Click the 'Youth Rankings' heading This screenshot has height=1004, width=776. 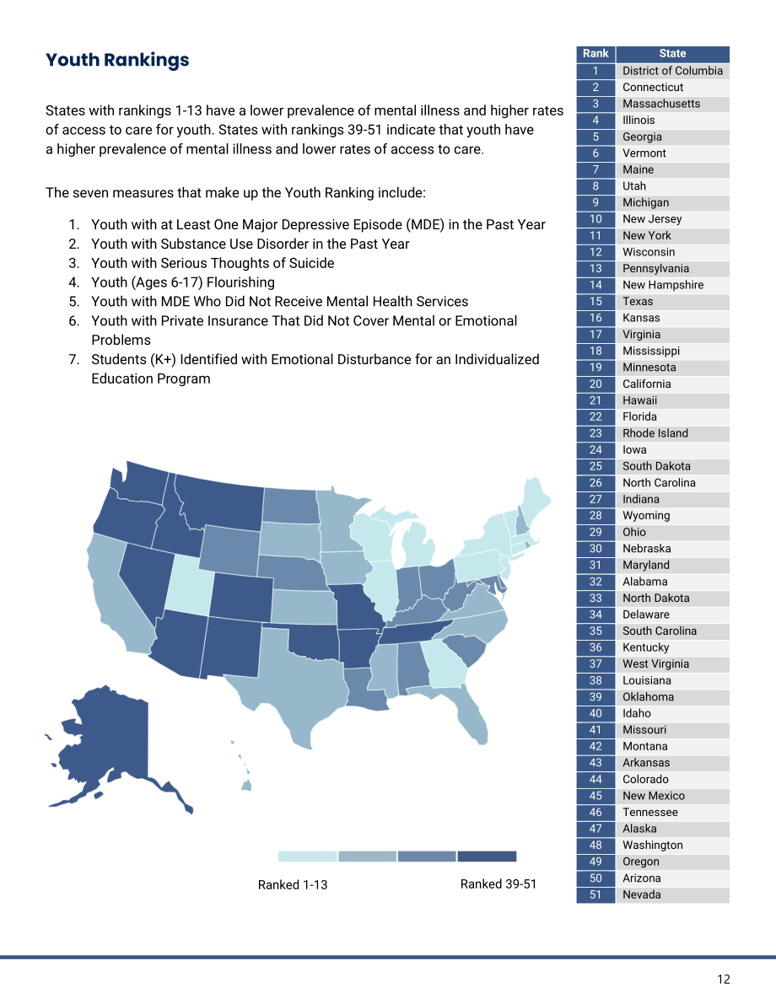click(x=117, y=60)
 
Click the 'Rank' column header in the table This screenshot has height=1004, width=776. click(x=596, y=54)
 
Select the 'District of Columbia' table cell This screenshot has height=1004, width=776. click(x=673, y=71)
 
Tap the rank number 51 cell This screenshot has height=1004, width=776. click(x=596, y=895)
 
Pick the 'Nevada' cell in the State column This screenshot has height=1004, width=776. click(x=673, y=895)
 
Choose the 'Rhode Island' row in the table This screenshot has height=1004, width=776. click(x=653, y=433)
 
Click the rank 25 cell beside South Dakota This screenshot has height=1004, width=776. click(x=596, y=467)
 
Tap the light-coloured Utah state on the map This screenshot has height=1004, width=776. click(x=189, y=586)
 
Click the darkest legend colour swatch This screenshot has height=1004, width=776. click(x=487, y=856)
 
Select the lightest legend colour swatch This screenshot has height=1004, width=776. click(x=308, y=856)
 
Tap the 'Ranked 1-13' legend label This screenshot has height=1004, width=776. click(x=293, y=885)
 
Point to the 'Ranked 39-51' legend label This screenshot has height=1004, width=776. click(x=498, y=884)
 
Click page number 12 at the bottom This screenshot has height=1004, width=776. click(x=724, y=980)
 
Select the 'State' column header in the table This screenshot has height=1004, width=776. click(x=673, y=54)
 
